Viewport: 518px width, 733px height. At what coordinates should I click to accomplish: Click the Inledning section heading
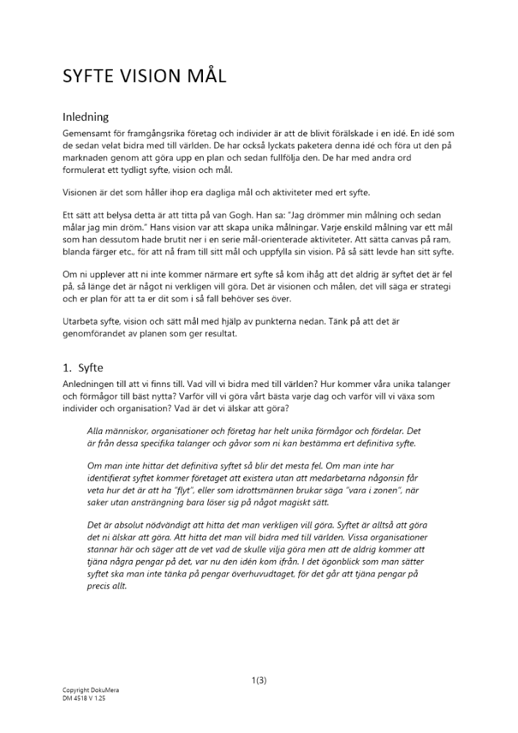[86, 117]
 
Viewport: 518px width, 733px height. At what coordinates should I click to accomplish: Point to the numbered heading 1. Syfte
[86, 368]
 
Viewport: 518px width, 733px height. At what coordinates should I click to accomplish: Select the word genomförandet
[97, 334]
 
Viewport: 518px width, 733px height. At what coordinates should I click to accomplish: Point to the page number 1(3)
[259, 680]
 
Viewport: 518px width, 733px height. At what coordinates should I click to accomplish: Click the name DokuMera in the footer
[100, 690]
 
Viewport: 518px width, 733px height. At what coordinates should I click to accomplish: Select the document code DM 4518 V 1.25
[84, 698]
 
